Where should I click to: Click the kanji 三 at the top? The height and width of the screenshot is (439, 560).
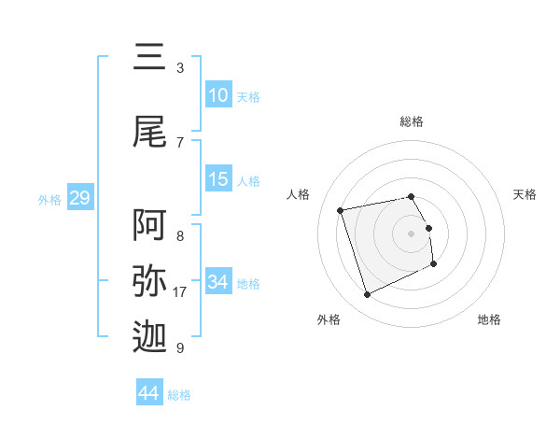click(150, 59)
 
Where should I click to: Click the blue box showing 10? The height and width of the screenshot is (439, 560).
click(218, 95)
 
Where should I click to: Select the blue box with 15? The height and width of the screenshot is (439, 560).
click(218, 179)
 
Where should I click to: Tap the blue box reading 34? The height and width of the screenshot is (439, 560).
click(218, 282)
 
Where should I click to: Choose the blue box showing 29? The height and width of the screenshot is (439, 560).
click(79, 198)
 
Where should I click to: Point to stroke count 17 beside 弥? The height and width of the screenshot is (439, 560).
click(180, 292)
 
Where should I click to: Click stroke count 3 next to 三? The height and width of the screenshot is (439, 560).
click(179, 68)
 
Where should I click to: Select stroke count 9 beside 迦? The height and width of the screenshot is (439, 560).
click(179, 348)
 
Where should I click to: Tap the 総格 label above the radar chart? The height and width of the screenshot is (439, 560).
click(412, 121)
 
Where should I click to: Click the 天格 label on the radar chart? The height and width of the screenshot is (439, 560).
click(525, 194)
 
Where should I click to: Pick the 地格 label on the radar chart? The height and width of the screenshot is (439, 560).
click(489, 319)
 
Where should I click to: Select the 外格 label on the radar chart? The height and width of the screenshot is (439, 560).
click(329, 319)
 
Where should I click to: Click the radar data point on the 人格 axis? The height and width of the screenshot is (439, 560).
click(341, 209)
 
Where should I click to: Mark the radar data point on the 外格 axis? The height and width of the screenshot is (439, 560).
click(367, 295)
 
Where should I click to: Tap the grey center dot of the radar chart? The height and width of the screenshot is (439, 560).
click(412, 233)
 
